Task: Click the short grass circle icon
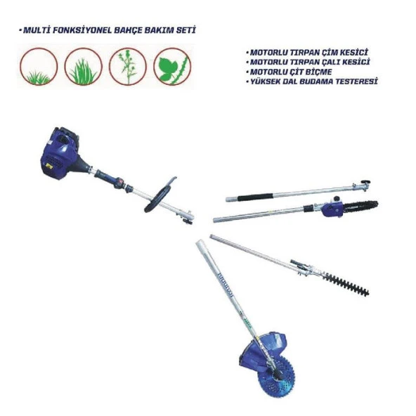[x=39, y=67]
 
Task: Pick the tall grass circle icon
[x=84, y=67]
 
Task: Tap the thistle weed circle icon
[x=128, y=67]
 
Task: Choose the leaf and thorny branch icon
[x=172, y=67]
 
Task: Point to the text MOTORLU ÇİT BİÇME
[x=290, y=72]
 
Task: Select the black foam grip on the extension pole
[x=255, y=197]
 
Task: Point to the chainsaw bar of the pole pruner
[x=360, y=205]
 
